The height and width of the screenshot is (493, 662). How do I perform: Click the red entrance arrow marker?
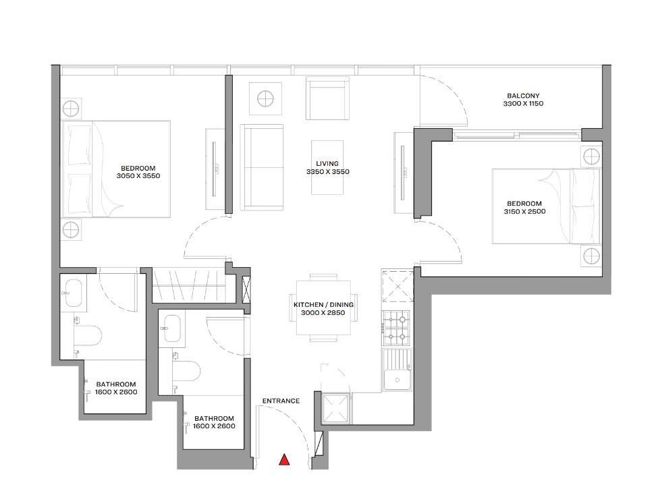click(x=285, y=460)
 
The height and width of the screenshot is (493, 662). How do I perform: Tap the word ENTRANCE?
click(x=281, y=401)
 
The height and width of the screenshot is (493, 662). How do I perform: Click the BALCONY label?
click(x=523, y=96)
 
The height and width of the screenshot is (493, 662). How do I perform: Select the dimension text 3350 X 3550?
click(x=327, y=172)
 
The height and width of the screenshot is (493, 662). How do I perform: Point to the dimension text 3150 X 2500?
click(x=524, y=212)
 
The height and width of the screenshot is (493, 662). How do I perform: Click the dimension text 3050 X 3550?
click(x=138, y=176)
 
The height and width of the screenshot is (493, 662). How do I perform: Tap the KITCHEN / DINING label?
click(x=323, y=305)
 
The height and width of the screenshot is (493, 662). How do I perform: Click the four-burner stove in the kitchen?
click(x=396, y=328)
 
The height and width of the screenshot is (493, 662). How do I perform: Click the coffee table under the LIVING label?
click(x=327, y=167)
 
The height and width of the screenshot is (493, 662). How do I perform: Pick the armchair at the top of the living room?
click(x=327, y=98)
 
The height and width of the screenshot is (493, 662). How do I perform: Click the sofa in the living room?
click(x=262, y=167)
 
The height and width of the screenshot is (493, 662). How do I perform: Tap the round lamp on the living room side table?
click(x=266, y=98)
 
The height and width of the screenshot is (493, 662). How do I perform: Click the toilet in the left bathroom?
click(x=88, y=336)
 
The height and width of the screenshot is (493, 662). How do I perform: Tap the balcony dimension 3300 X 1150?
click(x=523, y=103)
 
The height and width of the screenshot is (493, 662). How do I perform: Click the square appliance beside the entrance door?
click(x=335, y=408)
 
